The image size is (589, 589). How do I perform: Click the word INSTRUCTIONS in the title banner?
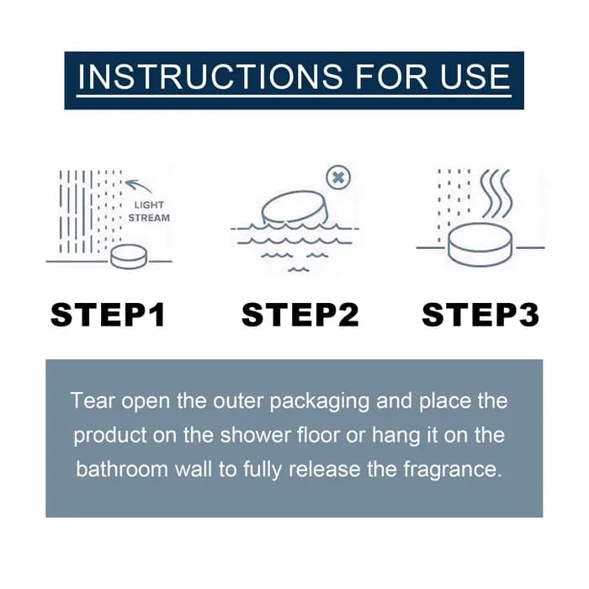210,77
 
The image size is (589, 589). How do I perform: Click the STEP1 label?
108,315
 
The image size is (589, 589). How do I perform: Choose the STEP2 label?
300,315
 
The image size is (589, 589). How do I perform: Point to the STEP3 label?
480,315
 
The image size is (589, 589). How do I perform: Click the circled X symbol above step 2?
338,178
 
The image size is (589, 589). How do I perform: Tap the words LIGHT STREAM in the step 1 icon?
149,211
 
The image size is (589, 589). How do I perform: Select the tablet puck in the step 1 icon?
130,257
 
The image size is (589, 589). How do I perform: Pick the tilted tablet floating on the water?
294,207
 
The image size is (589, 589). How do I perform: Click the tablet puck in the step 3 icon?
480,245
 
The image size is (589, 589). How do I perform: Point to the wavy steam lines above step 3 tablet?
496,194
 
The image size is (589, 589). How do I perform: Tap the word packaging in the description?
320,401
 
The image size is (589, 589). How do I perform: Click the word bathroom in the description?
122,470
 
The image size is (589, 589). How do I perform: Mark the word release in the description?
325,470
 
